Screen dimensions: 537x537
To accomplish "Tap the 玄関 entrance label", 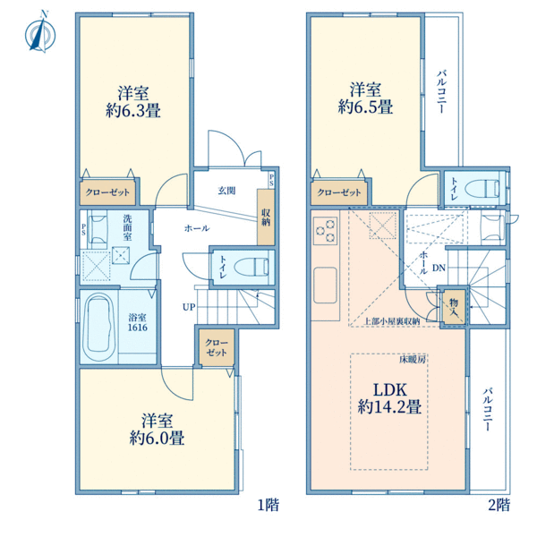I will point(226,191).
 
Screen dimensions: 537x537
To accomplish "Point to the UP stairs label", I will point(189,307).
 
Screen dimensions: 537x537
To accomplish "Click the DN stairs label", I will point(438,268).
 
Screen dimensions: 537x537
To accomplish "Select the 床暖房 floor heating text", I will point(413,359).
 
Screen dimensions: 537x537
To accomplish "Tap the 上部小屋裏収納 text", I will point(392,320).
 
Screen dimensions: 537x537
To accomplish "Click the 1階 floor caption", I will point(268,505).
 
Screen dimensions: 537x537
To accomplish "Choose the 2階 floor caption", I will point(499,505).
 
